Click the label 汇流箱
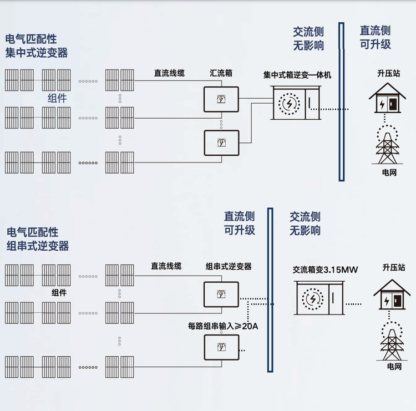coord(221,73)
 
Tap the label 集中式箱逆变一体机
coord(297,75)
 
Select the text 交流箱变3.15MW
coord(325,270)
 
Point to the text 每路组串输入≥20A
coord(223,326)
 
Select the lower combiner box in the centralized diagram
coord(221,143)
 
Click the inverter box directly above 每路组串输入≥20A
coord(221,295)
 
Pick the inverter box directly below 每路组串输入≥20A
coord(221,348)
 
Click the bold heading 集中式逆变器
coord(37,53)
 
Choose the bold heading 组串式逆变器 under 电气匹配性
coord(38,246)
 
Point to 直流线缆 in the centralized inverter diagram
coord(169,73)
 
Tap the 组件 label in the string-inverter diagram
coord(58,292)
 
